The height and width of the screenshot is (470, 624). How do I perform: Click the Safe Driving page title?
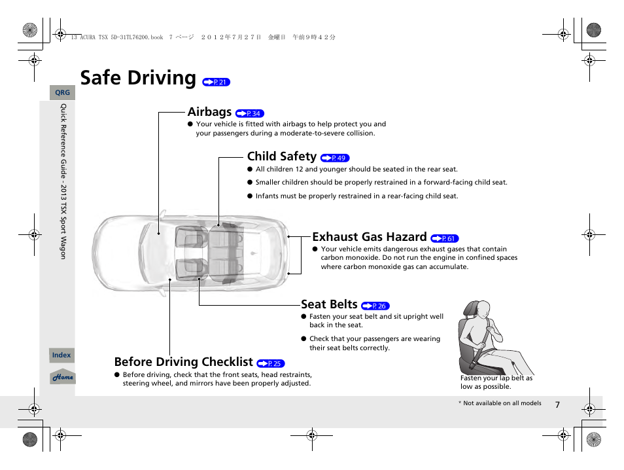click(138, 78)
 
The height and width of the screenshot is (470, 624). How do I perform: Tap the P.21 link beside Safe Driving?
click(217, 82)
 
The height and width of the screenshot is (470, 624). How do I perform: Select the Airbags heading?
click(209, 112)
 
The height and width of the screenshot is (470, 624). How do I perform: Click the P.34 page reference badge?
click(250, 114)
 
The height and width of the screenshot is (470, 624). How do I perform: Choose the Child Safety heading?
click(281, 156)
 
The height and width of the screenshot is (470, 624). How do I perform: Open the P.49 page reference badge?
click(335, 158)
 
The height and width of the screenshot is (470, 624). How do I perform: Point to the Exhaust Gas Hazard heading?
click(369, 237)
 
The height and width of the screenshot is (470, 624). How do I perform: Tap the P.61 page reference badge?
click(445, 239)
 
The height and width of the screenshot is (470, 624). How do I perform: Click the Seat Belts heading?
click(329, 304)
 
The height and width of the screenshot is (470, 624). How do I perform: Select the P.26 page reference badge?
click(375, 306)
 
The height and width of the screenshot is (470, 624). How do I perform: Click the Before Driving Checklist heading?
click(183, 362)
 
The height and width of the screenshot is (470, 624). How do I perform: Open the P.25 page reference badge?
click(271, 364)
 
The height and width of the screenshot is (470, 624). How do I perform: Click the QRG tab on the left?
click(62, 93)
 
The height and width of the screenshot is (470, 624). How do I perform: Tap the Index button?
click(61, 355)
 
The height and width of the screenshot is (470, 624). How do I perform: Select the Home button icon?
click(63, 378)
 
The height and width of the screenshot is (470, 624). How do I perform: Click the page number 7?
click(557, 405)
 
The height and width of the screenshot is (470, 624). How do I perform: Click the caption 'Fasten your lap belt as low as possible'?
click(496, 382)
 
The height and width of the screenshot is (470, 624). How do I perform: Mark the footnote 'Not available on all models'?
click(500, 403)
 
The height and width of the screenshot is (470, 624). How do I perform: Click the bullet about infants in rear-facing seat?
click(356, 196)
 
